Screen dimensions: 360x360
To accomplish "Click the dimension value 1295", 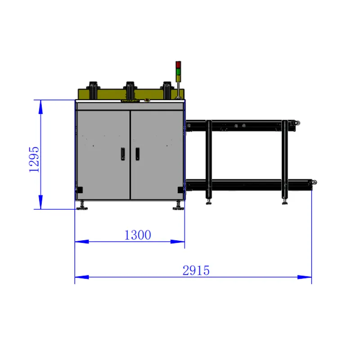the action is (34, 159).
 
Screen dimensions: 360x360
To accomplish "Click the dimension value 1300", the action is (138, 235).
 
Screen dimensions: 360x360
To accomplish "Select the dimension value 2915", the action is (196, 270).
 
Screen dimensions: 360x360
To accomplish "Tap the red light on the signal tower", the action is (178, 64).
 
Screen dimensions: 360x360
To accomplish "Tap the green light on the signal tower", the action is (178, 71).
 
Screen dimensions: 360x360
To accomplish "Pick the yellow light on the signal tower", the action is (178, 78).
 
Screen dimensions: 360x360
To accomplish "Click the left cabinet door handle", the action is (123, 153).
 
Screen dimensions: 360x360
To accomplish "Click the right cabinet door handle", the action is (137, 153).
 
